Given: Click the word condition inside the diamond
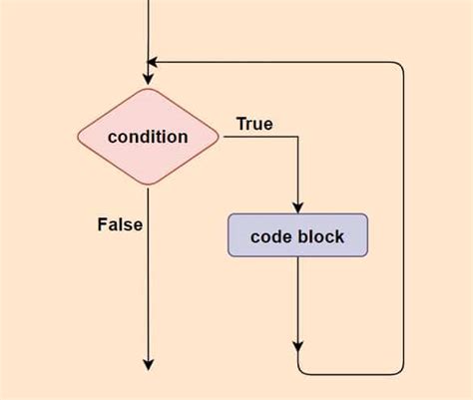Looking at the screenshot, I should click(148, 137).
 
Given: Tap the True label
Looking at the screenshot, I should click(254, 124).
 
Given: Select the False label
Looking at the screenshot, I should click(119, 224).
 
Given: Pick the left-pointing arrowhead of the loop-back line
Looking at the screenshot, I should click(154, 62).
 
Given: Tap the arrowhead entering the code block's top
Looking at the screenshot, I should click(298, 206).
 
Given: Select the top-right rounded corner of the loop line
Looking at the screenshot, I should click(401, 66).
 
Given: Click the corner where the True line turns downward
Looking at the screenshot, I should click(298, 137).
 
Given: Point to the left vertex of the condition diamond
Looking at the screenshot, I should click(79, 137).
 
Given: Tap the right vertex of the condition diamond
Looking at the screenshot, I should click(219, 137).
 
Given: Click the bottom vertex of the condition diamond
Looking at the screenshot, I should click(148, 186).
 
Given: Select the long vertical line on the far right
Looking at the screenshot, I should click(404, 219).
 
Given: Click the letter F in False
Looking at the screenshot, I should click(102, 224).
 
